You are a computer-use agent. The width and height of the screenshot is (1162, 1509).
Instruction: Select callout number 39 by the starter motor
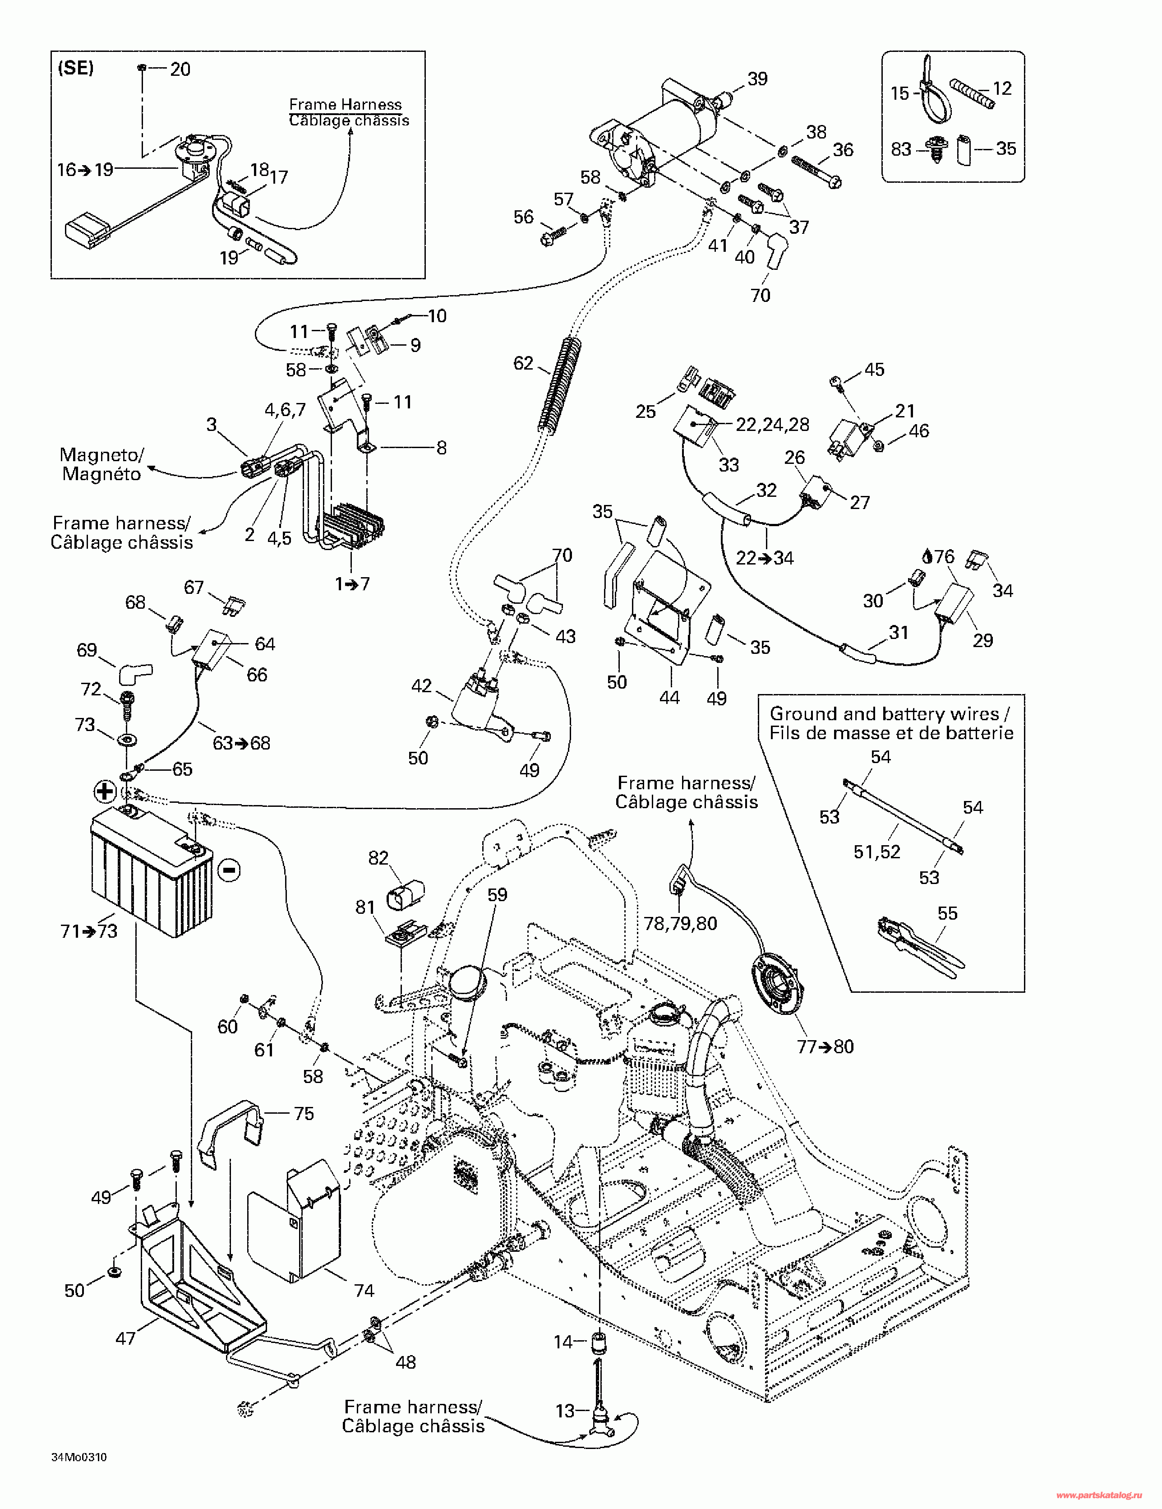[x=757, y=79]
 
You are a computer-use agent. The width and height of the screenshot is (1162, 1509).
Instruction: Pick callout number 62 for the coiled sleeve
[x=524, y=363]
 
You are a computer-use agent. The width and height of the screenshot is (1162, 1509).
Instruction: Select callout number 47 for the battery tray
[x=125, y=1338]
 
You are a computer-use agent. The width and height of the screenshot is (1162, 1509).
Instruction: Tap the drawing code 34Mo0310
[x=79, y=1458]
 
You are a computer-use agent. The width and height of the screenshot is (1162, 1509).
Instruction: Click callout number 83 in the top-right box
[x=901, y=149]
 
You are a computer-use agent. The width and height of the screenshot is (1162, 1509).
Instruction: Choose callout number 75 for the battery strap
[x=304, y=1114]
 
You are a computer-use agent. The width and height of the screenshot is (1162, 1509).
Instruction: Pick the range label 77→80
[x=825, y=1047]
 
